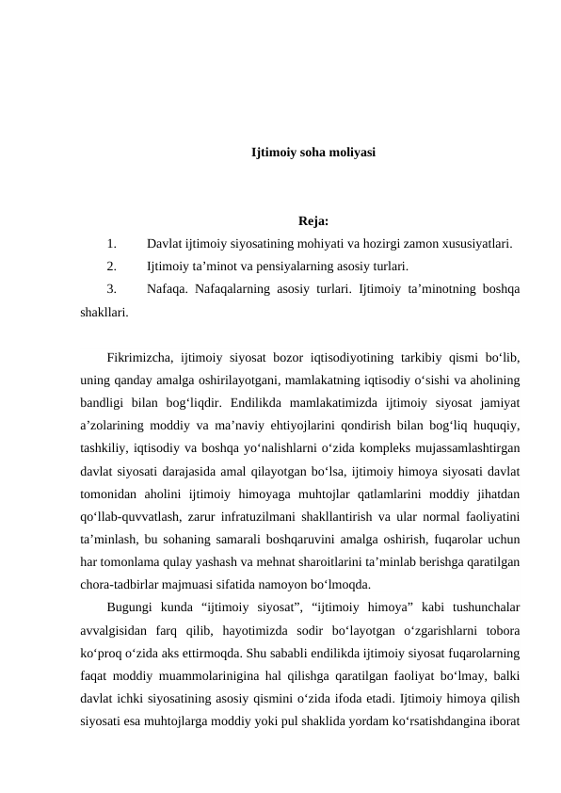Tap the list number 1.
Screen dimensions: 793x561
[x=112, y=243]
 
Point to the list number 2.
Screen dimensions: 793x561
[x=112, y=266]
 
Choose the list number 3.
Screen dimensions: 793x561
[x=112, y=288]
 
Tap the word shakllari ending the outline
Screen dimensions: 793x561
[x=104, y=311]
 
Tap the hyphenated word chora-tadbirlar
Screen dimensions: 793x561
[x=122, y=584]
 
